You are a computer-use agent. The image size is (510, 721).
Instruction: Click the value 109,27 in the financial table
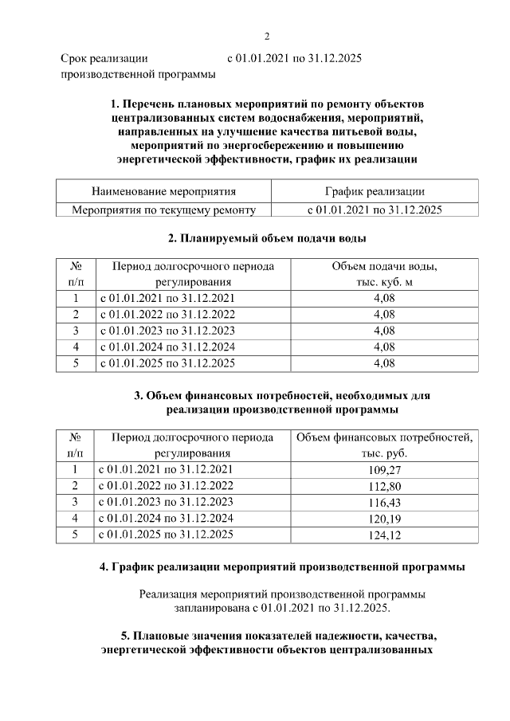384,469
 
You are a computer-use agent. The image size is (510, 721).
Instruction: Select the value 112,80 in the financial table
384,485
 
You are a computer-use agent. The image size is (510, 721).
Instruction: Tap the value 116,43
384,502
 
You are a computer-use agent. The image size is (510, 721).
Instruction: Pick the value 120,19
384,518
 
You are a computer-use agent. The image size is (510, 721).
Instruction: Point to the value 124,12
384,535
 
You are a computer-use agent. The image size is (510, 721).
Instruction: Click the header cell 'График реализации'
375,192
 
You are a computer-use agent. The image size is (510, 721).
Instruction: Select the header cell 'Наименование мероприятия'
163,192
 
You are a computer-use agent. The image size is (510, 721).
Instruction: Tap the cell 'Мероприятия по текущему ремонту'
163,210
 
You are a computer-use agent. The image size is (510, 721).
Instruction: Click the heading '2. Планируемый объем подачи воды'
267,238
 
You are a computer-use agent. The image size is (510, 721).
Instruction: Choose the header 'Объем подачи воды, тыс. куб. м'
384,273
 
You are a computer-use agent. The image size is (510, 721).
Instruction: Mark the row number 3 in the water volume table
76,331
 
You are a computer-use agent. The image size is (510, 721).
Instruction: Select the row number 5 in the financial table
76,535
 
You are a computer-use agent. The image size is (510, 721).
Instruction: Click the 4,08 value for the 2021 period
384,298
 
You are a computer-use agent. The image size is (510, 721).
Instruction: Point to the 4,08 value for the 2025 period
384,363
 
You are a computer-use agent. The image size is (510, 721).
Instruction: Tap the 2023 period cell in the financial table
166,502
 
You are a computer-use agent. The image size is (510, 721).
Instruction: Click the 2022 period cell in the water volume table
166,315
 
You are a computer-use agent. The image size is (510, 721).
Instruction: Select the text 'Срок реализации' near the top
104,58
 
